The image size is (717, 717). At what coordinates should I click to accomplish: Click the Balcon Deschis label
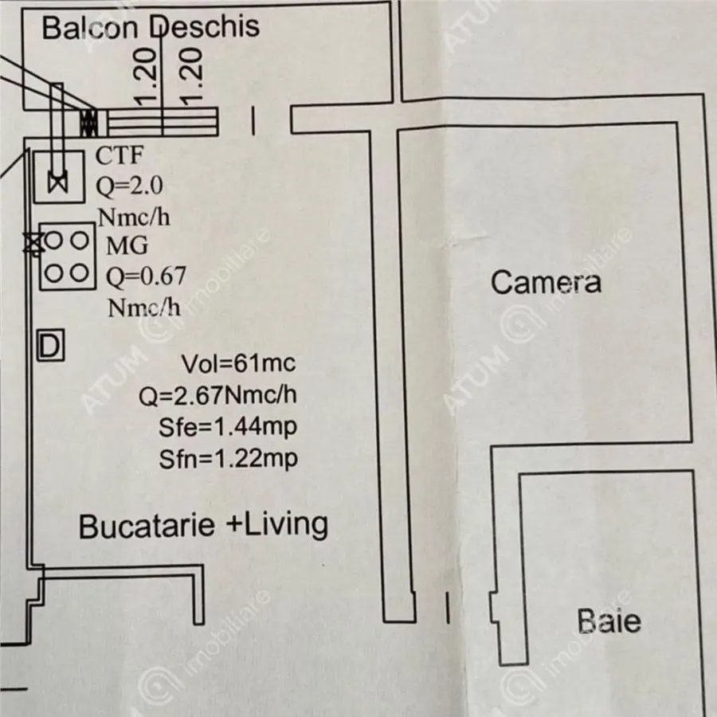pyautogui.click(x=151, y=26)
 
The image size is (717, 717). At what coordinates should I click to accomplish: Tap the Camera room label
pyautogui.click(x=546, y=282)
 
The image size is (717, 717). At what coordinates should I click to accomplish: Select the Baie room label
pyautogui.click(x=609, y=621)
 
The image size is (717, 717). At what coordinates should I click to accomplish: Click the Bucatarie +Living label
pyautogui.click(x=203, y=526)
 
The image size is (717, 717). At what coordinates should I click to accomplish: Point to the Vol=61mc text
pyautogui.click(x=239, y=363)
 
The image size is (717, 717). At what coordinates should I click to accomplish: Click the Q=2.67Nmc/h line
pyautogui.click(x=217, y=395)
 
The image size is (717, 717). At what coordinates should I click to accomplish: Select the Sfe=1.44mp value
pyautogui.click(x=228, y=427)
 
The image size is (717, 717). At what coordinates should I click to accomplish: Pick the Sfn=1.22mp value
pyautogui.click(x=228, y=459)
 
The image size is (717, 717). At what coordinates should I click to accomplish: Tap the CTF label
pyautogui.click(x=119, y=155)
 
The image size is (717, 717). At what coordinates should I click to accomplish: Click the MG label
pyautogui.click(x=127, y=245)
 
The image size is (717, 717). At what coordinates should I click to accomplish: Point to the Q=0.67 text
pyautogui.click(x=146, y=276)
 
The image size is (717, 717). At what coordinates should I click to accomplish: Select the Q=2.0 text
pyautogui.click(x=129, y=186)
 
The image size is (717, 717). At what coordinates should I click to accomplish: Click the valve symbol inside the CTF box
pyautogui.click(x=58, y=183)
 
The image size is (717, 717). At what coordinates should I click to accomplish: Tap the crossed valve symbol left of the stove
pyautogui.click(x=33, y=242)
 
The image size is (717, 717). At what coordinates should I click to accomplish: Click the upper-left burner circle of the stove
pyautogui.click(x=53, y=240)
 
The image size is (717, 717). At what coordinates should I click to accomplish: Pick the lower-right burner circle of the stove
pyautogui.click(x=80, y=273)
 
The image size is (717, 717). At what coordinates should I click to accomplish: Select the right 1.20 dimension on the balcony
pyautogui.click(x=191, y=76)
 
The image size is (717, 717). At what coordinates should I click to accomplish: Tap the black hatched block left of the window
pyautogui.click(x=88, y=123)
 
